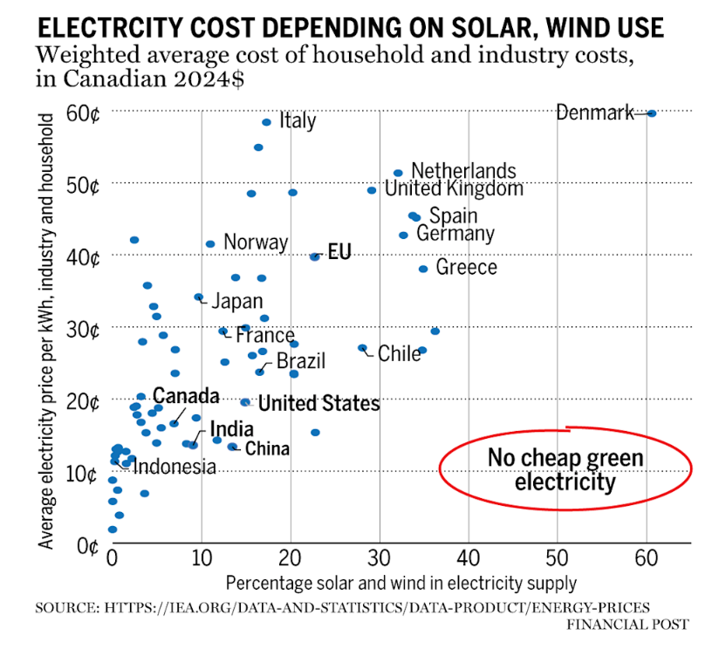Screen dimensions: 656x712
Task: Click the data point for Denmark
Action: [x=651, y=113]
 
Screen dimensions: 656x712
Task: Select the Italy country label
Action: [x=298, y=121]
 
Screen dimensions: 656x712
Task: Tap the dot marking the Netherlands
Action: [x=398, y=173]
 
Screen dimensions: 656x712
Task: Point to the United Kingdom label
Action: [x=454, y=188]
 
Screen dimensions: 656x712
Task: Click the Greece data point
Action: [x=423, y=269]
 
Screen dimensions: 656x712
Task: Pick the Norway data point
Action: [x=210, y=244]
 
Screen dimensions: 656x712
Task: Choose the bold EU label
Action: [x=339, y=254]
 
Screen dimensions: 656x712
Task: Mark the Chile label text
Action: [x=399, y=353]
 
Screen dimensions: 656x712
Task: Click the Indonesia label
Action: [x=174, y=467]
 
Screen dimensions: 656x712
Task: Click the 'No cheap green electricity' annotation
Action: [x=565, y=470]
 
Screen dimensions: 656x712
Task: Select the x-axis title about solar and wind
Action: [x=400, y=582]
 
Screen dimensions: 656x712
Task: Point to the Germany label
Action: [x=455, y=234]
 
